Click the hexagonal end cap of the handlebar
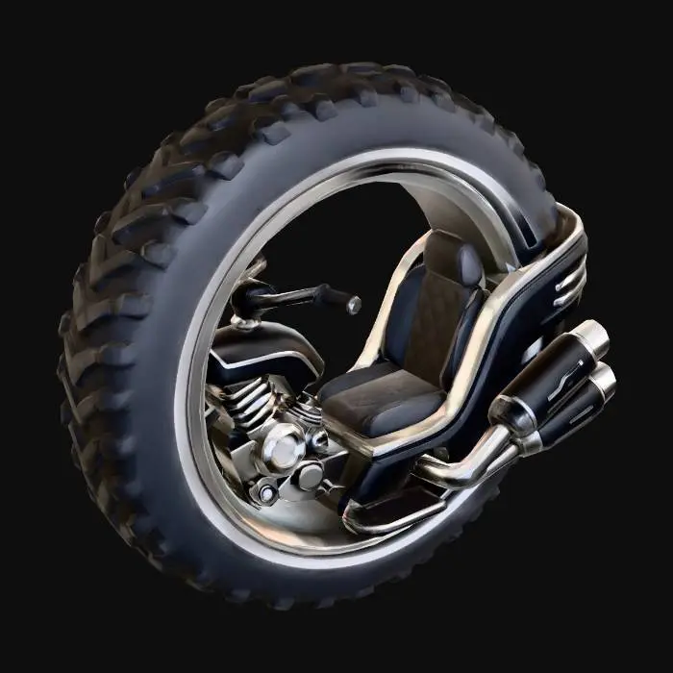point(354,305)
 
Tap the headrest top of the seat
point(452,252)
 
